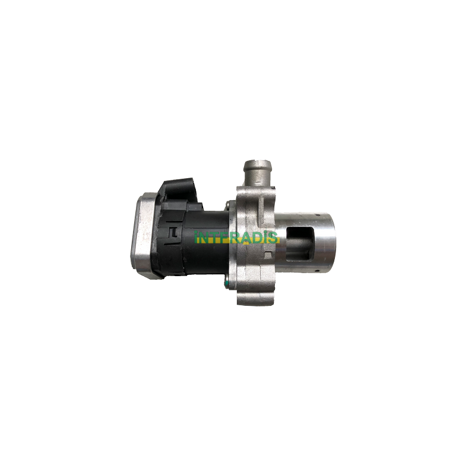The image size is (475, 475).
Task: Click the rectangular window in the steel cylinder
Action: (298, 243)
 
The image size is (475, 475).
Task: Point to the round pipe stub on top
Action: (258, 173)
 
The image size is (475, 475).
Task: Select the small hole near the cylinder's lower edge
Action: (316, 270)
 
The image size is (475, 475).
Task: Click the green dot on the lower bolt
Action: (227, 284)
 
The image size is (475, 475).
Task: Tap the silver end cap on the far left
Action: (143, 235)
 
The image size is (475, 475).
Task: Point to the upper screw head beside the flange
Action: (229, 205)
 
